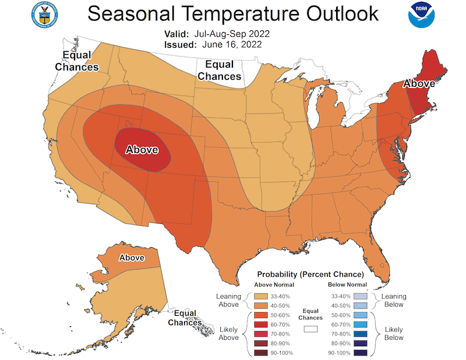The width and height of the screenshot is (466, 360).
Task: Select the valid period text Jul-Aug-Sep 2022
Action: pos(234,34)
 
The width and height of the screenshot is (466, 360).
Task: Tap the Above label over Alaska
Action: pos(132,257)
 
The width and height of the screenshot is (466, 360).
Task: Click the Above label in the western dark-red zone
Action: pos(142,150)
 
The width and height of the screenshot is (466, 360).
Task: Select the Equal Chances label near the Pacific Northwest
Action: pos(77,61)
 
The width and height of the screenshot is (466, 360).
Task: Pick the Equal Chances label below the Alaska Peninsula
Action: pos(185,317)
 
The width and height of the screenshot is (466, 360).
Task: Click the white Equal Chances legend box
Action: pos(310,329)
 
